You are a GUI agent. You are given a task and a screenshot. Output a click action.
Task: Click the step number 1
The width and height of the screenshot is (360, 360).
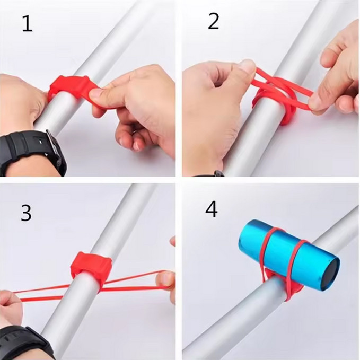[28, 24]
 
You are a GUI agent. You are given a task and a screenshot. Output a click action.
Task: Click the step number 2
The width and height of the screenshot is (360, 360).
[213, 21]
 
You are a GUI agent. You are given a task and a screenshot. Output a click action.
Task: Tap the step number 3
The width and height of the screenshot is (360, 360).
[26, 213]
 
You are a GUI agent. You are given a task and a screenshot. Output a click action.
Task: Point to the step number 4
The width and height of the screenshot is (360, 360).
[212, 209]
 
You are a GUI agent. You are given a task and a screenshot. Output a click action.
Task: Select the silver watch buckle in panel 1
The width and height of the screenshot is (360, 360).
[55, 144]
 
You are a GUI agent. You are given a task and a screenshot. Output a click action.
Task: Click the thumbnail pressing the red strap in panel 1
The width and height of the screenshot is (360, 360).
[96, 93]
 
